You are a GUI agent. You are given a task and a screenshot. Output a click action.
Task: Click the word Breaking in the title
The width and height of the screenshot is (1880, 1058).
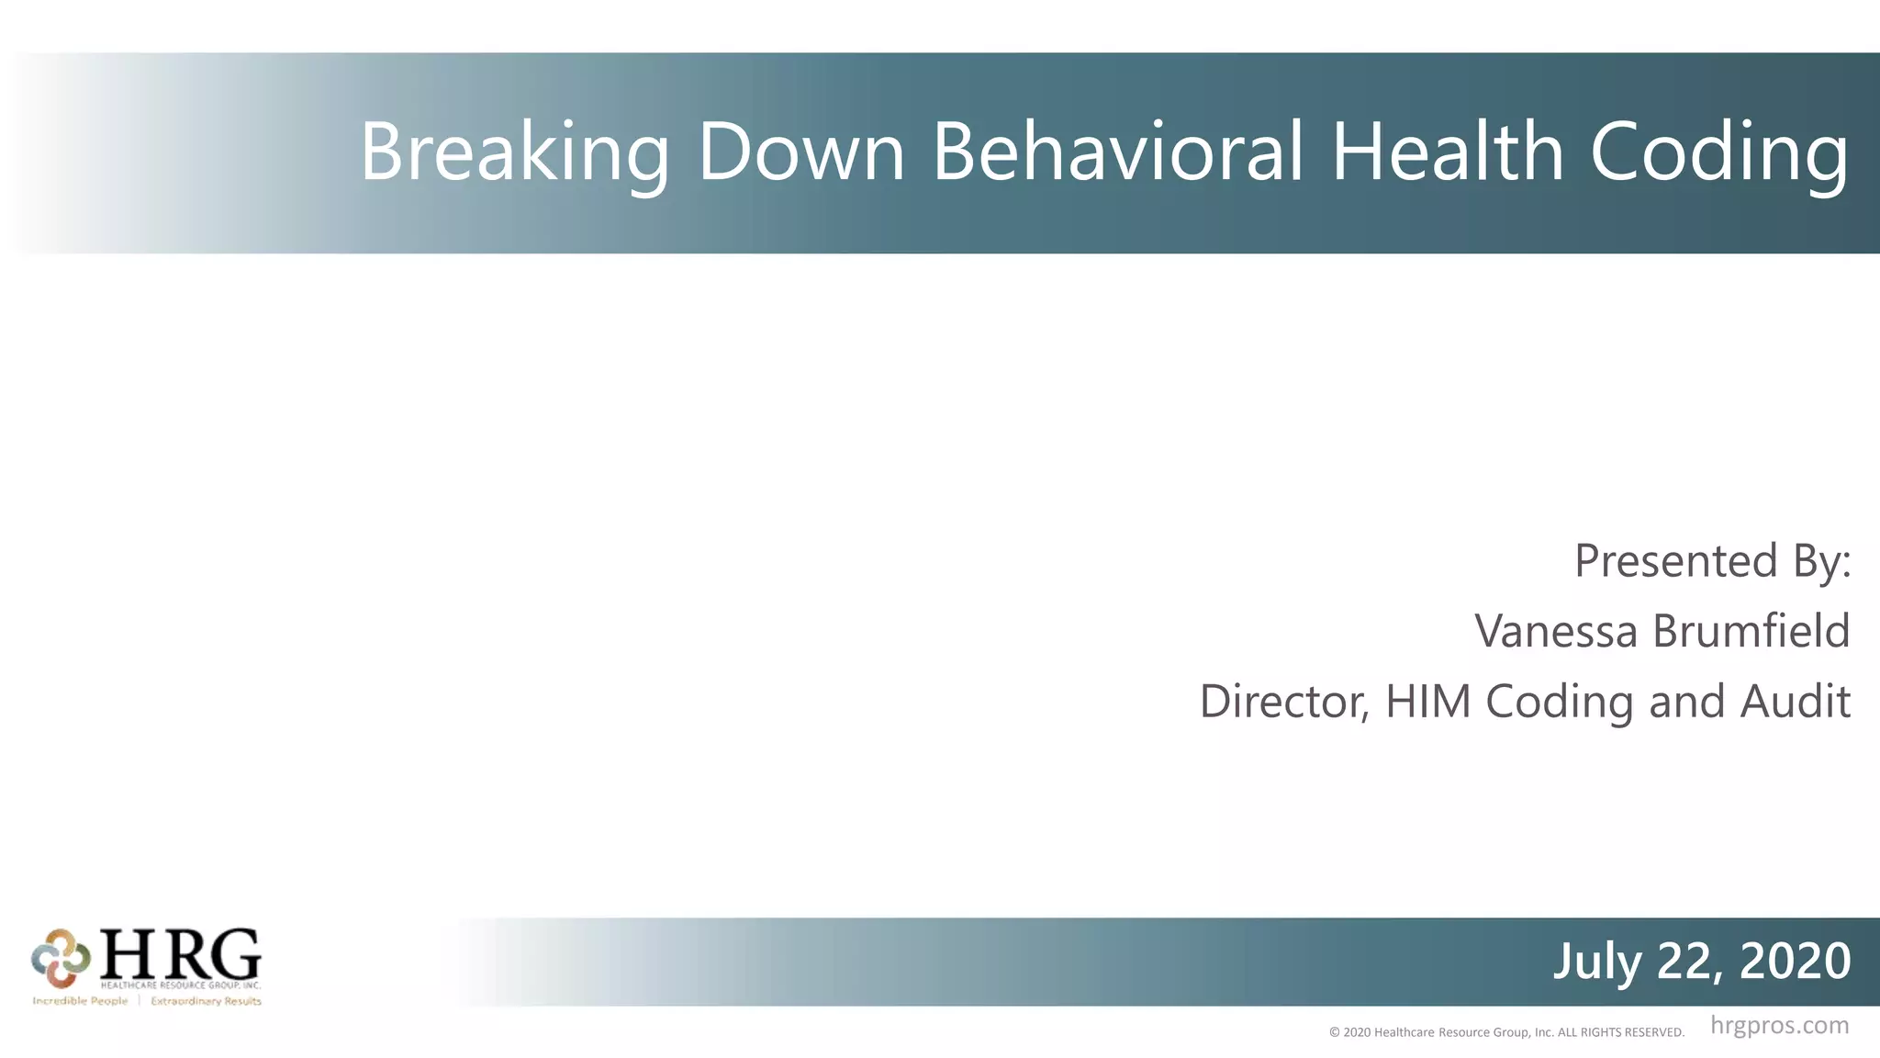pos(514,152)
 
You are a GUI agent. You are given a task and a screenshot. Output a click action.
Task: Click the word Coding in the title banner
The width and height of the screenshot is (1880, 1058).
pos(1719,152)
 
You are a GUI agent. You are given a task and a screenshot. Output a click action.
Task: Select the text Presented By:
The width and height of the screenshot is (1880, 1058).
pos(1712,560)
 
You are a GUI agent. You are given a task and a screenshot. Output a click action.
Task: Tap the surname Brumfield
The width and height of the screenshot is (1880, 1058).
pos(1751,631)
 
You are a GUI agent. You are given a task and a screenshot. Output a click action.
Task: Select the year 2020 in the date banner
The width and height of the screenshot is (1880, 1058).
pos(1795,961)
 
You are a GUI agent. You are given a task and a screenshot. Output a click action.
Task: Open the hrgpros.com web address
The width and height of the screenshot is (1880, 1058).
pos(1779,1025)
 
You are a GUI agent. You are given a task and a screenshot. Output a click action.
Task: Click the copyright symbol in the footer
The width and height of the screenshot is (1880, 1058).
pos(1335,1032)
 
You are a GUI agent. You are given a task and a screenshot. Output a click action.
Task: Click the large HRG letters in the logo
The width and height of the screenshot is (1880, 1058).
pos(180,954)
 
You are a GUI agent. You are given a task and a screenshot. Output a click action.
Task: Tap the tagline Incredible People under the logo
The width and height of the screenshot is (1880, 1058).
pos(80,1001)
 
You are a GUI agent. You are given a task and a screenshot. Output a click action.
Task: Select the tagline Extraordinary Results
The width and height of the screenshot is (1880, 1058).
pos(206,1001)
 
